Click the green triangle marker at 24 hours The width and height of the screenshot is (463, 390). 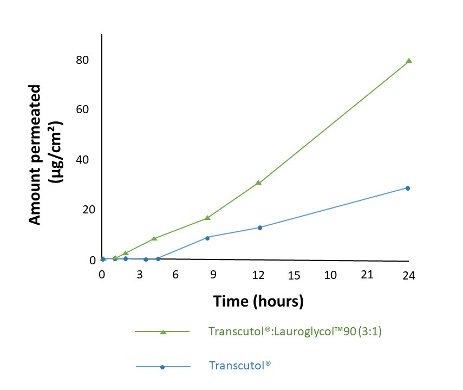(409, 61)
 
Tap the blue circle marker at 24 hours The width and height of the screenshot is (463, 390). (408, 188)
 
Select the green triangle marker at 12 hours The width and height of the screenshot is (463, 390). (259, 183)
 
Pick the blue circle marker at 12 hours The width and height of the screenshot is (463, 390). (260, 227)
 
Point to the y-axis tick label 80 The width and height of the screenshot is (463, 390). (82, 60)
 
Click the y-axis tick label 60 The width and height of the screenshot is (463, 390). (82, 109)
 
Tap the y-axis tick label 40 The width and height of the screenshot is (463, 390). (82, 160)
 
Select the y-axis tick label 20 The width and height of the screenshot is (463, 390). (82, 210)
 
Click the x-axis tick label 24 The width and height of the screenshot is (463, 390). (409, 276)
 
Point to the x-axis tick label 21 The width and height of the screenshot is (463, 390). (367, 275)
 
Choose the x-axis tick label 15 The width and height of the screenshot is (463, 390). (294, 275)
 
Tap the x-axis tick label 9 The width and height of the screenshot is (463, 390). (213, 275)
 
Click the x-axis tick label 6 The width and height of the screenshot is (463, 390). (175, 275)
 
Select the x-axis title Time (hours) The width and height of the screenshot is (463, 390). (258, 301)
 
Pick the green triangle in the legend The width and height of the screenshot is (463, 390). (163, 331)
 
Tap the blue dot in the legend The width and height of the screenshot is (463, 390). (163, 367)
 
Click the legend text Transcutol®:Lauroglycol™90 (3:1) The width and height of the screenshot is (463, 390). (295, 331)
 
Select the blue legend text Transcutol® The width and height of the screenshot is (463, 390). (240, 366)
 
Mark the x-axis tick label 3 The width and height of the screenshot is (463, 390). (140, 275)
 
